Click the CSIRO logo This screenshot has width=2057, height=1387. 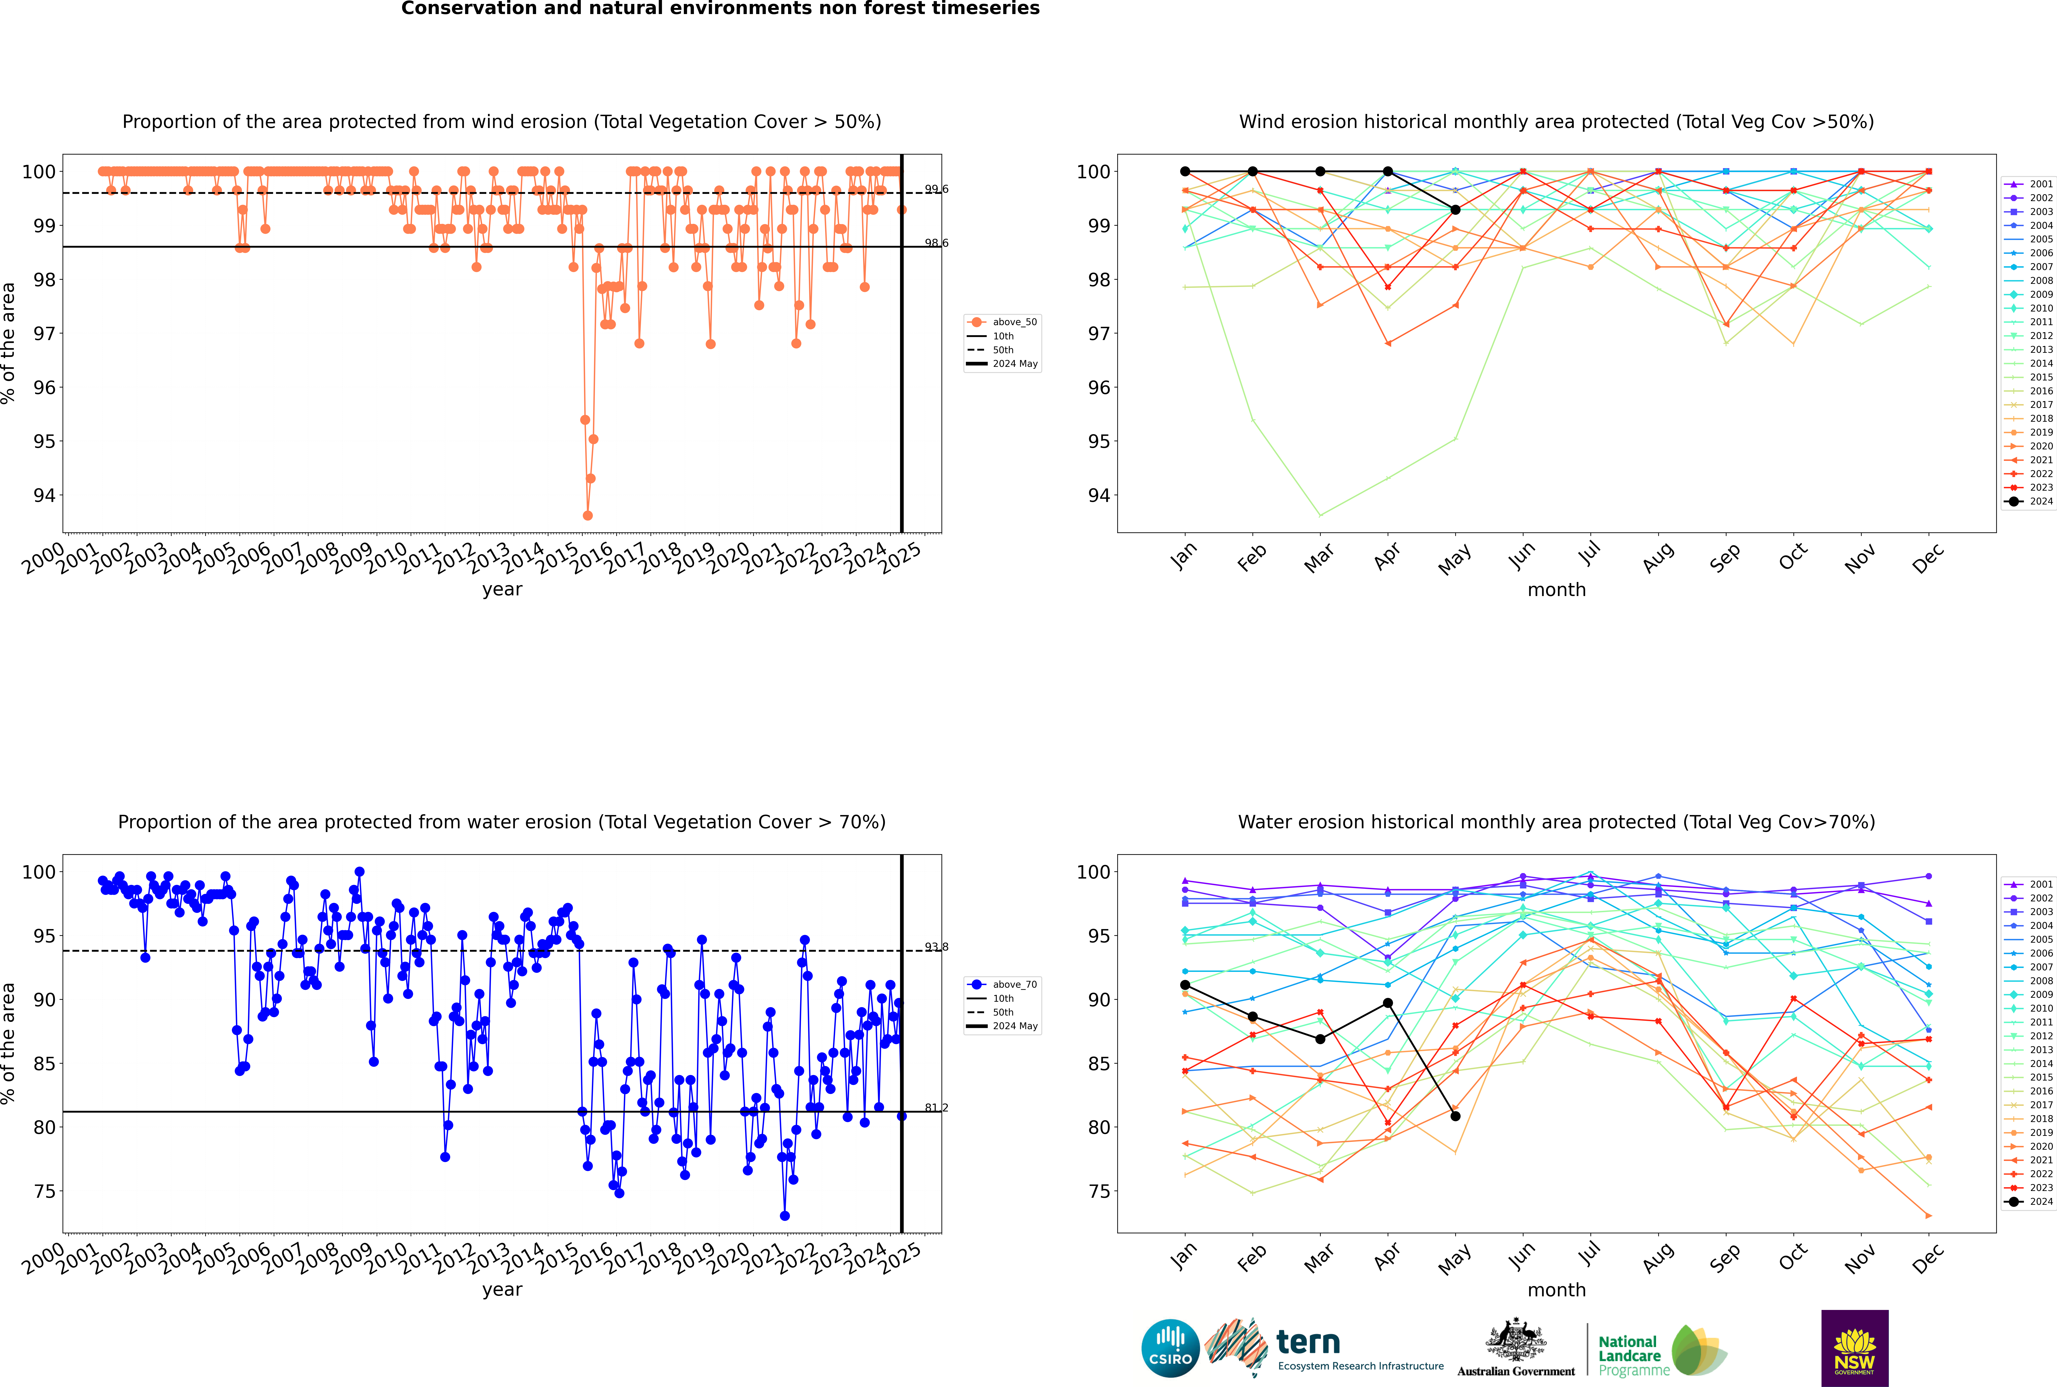[1170, 1348]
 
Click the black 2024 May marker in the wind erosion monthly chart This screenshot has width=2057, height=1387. [1455, 210]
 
